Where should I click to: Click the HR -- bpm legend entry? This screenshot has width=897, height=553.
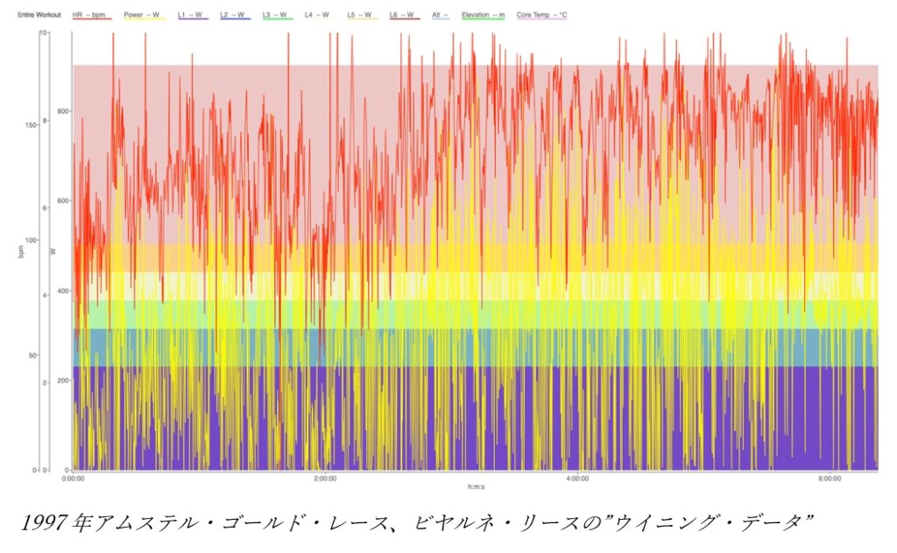click(91, 15)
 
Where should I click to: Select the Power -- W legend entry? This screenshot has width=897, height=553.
click(141, 15)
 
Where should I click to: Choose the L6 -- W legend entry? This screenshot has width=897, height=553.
click(404, 15)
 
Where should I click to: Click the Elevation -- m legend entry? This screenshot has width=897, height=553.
click(484, 15)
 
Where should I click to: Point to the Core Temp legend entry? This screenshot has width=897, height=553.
click(542, 15)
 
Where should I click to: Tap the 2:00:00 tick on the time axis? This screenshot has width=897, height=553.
click(325, 479)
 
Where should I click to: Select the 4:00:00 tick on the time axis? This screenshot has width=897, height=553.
click(577, 479)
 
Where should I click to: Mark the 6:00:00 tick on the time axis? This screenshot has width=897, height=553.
click(830, 479)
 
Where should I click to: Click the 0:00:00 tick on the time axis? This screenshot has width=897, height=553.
click(74, 479)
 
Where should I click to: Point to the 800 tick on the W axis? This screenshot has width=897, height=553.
click(63, 111)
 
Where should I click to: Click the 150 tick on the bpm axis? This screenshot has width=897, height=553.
click(31, 125)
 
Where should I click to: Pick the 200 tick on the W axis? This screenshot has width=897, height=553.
click(63, 381)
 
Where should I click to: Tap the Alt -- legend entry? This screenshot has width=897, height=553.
click(441, 15)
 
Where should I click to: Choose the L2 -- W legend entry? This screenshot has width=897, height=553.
click(233, 15)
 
